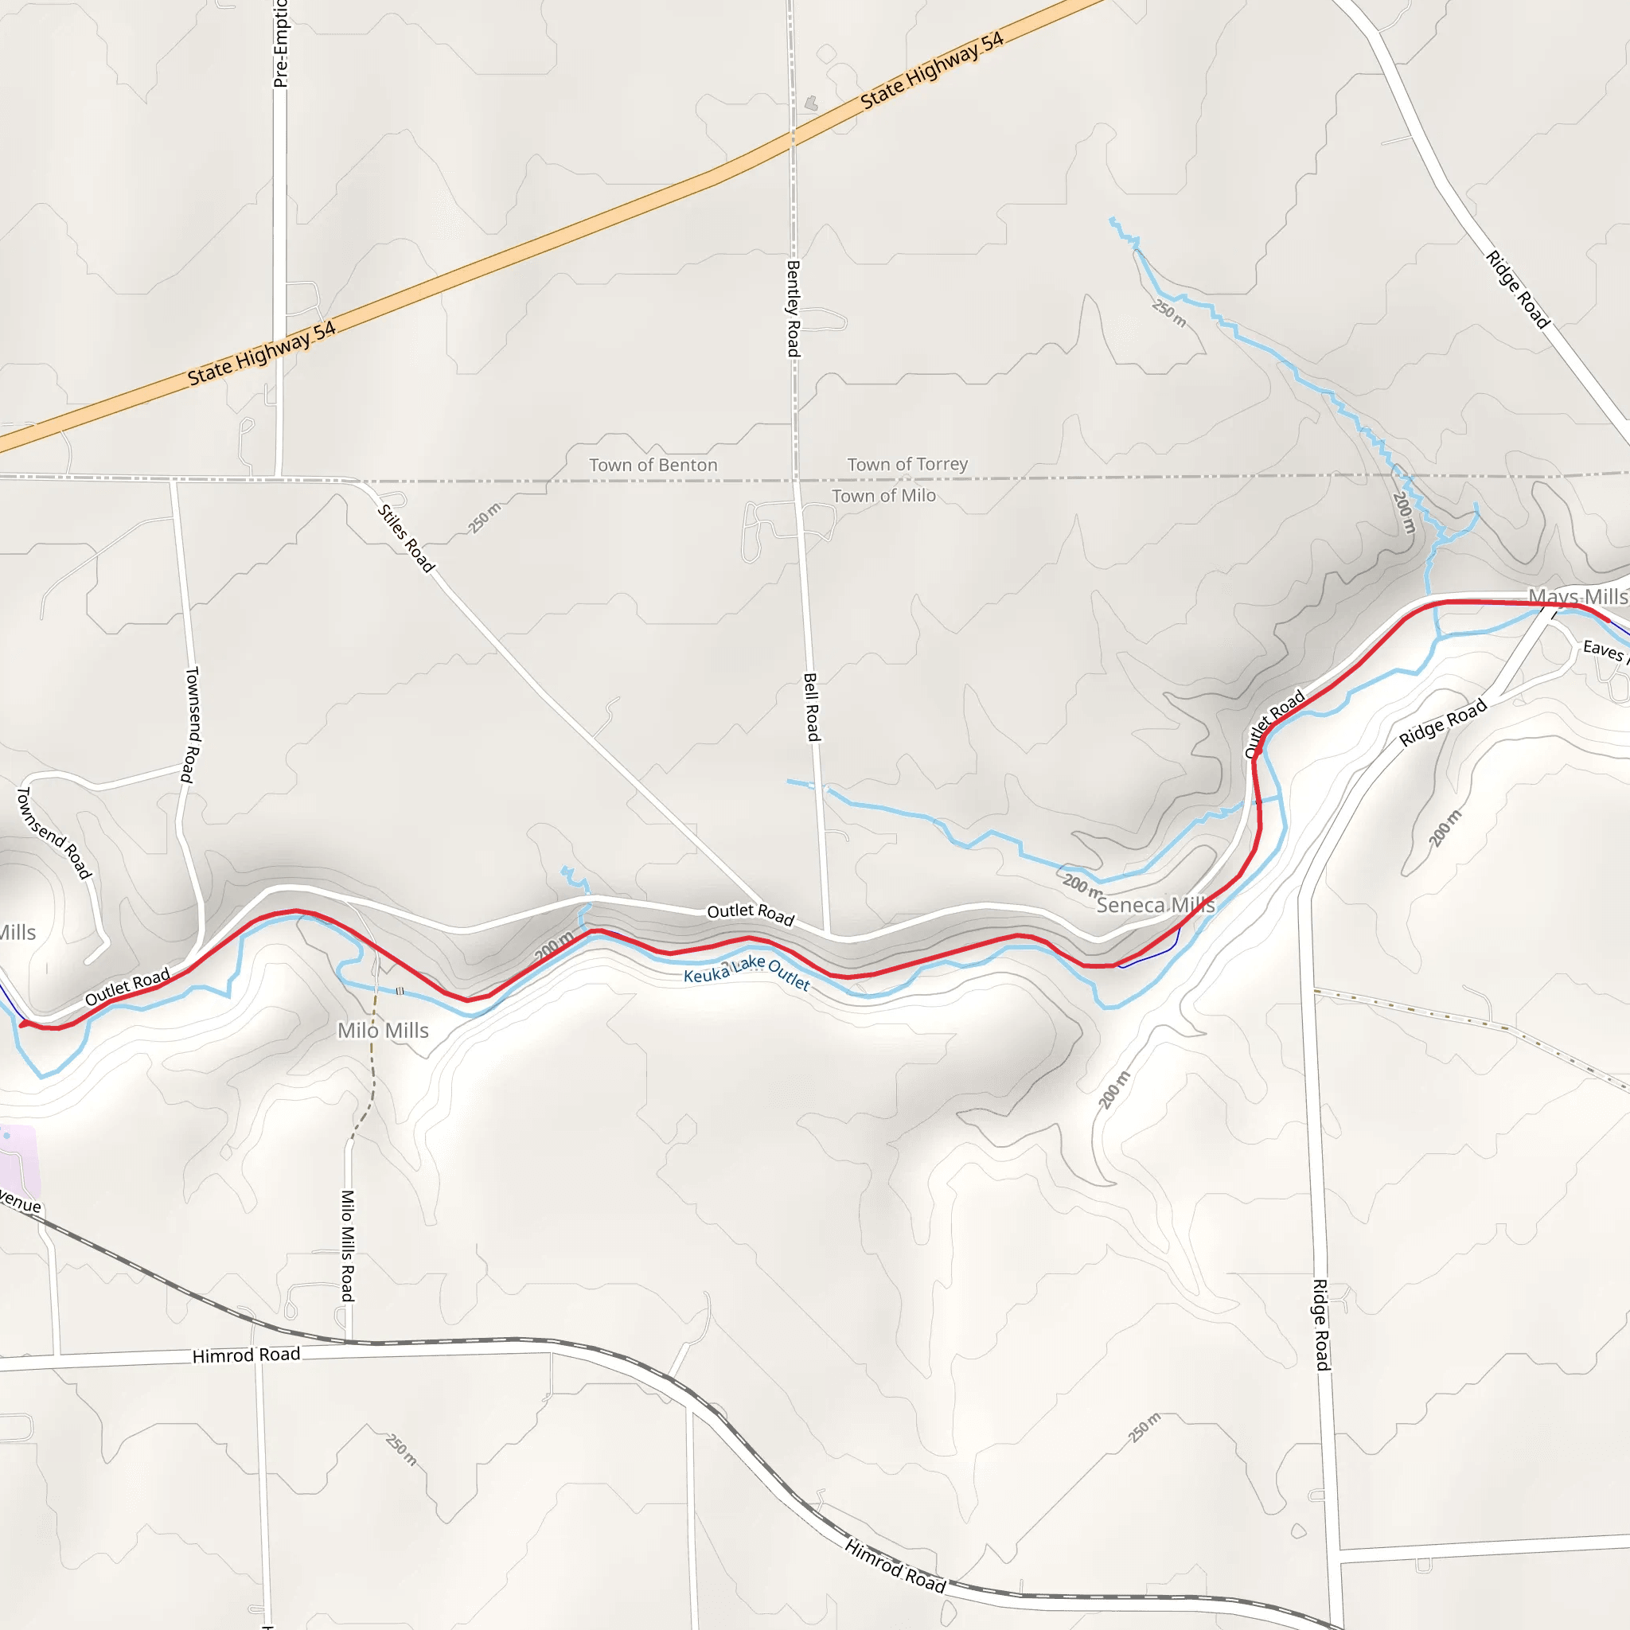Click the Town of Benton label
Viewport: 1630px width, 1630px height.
click(653, 465)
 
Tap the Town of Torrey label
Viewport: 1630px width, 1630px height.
click(907, 464)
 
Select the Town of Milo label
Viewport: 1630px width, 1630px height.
click(883, 496)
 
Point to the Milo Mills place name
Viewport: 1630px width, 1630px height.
click(383, 1030)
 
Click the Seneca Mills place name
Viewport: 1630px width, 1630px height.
click(1155, 905)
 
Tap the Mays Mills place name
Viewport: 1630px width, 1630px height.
click(1577, 596)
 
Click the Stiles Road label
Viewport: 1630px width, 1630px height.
click(406, 538)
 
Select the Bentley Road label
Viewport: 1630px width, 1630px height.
click(793, 308)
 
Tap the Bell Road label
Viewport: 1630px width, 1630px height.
click(812, 706)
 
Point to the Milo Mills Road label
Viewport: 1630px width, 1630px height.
click(348, 1246)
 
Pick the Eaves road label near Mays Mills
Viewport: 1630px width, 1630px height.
click(1604, 649)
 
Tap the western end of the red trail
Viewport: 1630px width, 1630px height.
click(23, 1024)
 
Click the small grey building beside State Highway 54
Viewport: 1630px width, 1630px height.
click(811, 103)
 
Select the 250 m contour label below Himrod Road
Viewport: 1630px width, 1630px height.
click(402, 1449)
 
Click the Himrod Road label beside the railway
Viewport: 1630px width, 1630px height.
click(895, 1566)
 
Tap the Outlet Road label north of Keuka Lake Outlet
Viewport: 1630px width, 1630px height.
click(750, 914)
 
